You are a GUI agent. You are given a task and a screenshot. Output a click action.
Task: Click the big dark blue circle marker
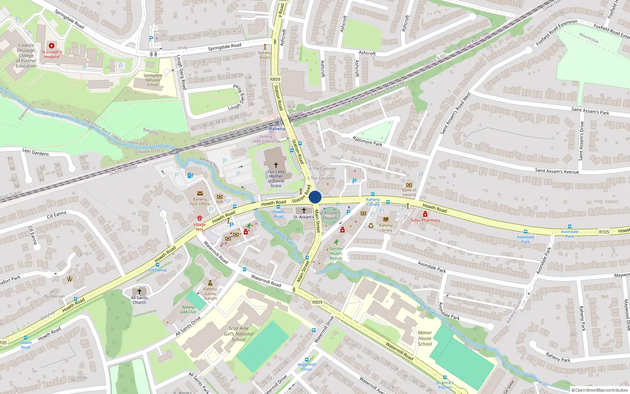click(x=315, y=197)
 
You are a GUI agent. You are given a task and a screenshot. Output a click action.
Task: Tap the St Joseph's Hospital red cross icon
click(x=52, y=46)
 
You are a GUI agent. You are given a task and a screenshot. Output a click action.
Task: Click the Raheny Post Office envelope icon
click(x=200, y=193)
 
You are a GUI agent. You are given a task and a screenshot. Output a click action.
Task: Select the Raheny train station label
click(x=277, y=129)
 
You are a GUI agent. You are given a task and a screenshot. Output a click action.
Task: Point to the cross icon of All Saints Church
click(x=139, y=292)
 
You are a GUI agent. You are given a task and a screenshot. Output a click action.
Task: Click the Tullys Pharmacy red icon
click(x=425, y=214)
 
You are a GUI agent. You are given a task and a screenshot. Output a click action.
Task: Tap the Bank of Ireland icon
click(x=409, y=185)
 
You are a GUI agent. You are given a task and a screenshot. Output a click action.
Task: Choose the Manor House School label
click(x=425, y=338)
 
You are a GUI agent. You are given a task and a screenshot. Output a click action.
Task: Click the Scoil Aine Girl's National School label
click(x=239, y=334)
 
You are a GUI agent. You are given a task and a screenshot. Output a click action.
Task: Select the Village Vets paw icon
click(x=200, y=218)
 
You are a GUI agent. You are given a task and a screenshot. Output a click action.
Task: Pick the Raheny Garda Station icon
click(x=210, y=283)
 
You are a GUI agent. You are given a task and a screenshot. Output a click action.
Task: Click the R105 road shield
click(x=604, y=232)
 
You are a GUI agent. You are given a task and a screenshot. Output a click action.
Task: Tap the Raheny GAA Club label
click(x=188, y=310)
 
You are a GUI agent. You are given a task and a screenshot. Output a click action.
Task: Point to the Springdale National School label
click(x=153, y=80)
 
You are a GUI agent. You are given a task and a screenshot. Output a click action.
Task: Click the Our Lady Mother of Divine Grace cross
click(x=276, y=165)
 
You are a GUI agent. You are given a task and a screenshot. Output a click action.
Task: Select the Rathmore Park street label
click(x=367, y=141)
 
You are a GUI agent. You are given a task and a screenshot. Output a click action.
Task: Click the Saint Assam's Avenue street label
click(x=557, y=171)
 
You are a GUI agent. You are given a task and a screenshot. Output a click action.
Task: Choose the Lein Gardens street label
click(x=35, y=152)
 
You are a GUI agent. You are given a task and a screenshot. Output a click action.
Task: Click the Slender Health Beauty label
click(x=336, y=253)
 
